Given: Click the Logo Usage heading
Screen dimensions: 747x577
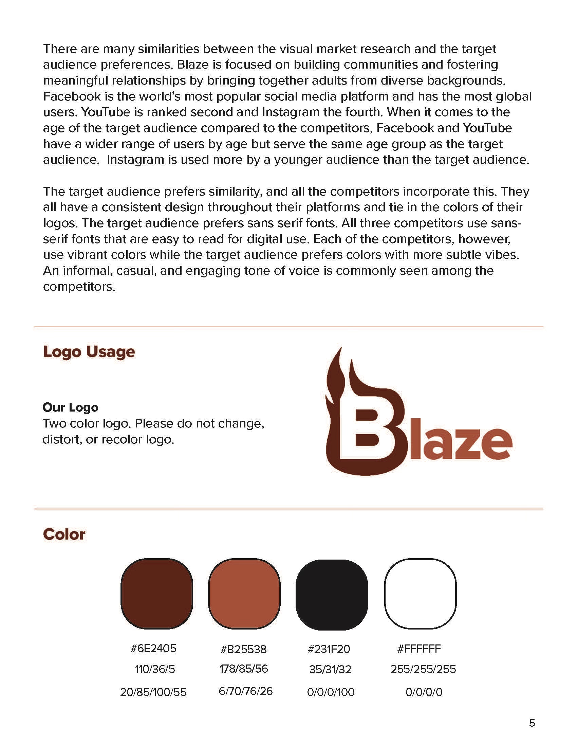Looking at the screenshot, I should pyautogui.click(x=89, y=352).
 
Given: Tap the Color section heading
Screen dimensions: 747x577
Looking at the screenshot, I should pyautogui.click(x=64, y=534).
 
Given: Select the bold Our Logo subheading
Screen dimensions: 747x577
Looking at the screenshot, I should pyautogui.click(x=70, y=407).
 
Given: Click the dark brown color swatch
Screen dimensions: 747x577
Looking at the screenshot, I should pyautogui.click(x=156, y=594).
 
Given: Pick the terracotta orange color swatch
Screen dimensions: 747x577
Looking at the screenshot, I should pyautogui.click(x=244, y=594).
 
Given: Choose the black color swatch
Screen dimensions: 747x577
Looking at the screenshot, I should pyautogui.click(x=332, y=595).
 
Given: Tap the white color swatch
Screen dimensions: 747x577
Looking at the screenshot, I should pyautogui.click(x=421, y=594).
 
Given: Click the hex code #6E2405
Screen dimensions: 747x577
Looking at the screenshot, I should pyautogui.click(x=153, y=648).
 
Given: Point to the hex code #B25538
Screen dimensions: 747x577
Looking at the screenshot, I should pyautogui.click(x=243, y=649).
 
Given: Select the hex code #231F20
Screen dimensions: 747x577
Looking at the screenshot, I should pyautogui.click(x=329, y=649).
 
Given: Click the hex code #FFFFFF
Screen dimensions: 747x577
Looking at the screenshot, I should pyautogui.click(x=419, y=649).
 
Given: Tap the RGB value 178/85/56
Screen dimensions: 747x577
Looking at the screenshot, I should pyautogui.click(x=243, y=669).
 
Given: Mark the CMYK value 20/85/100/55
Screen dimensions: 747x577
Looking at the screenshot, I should pyautogui.click(x=153, y=692).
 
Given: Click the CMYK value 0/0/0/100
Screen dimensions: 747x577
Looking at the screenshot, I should pyautogui.click(x=331, y=692).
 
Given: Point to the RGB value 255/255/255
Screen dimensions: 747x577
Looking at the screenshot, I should pyautogui.click(x=423, y=669).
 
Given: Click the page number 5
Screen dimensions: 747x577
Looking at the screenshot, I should pyautogui.click(x=532, y=723).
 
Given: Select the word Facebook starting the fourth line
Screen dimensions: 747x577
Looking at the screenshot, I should pyautogui.click(x=72, y=96).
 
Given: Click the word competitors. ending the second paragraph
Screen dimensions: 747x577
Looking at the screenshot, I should pyautogui.click(x=79, y=287).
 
